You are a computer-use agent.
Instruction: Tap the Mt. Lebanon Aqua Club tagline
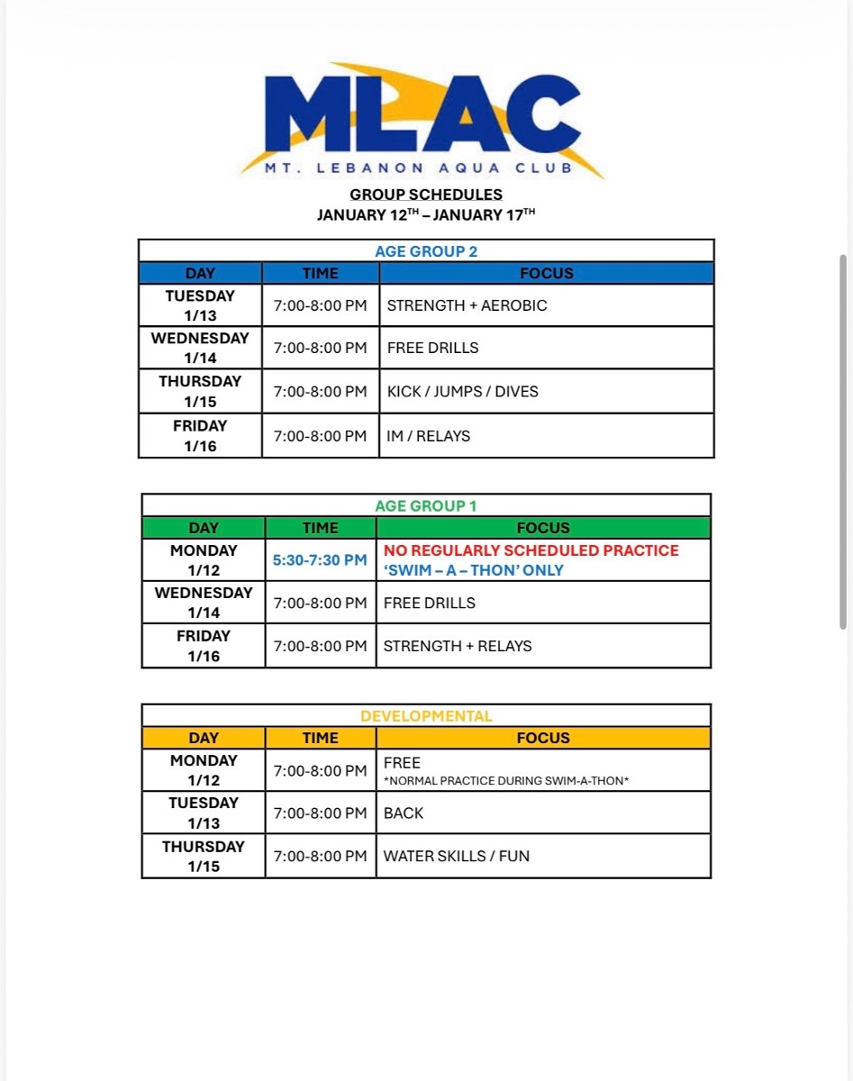point(418,168)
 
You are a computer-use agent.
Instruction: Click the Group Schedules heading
point(426,195)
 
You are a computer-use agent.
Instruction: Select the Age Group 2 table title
point(426,251)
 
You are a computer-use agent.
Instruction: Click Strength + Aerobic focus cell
point(467,305)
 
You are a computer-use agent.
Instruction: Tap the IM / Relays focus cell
point(429,436)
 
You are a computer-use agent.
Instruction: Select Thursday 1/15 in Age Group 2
point(200,391)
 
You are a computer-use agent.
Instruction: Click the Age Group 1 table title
point(426,506)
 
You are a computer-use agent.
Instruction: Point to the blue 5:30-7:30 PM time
point(320,560)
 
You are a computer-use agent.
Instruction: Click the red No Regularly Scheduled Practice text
point(531,550)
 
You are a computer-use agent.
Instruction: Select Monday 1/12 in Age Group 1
point(204,560)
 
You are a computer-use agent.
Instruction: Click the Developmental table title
point(426,716)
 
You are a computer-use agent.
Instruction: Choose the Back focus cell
point(404,813)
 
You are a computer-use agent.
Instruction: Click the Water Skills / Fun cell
point(457,856)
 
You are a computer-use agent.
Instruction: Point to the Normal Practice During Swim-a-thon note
point(506,781)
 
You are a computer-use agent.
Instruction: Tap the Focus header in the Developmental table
point(543,738)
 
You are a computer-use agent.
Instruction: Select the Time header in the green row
point(320,528)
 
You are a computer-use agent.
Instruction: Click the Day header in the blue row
point(200,273)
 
